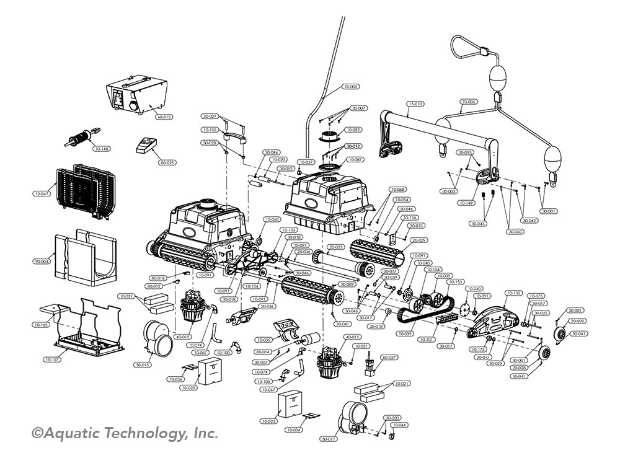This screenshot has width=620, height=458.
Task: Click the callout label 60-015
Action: point(164,117)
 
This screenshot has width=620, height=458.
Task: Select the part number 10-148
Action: point(100,149)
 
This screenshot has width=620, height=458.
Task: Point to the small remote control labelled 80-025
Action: point(147,146)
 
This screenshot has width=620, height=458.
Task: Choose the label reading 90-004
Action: point(42,262)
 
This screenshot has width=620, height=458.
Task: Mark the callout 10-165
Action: point(42,324)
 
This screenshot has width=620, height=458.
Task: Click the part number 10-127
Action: point(52,359)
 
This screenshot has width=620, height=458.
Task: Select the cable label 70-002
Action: point(351,87)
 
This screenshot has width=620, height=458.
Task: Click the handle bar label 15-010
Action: point(415,104)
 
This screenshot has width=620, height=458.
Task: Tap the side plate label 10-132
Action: point(514,293)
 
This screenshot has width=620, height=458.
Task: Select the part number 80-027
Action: point(389,358)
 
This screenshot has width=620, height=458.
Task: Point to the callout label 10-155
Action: point(210,130)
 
